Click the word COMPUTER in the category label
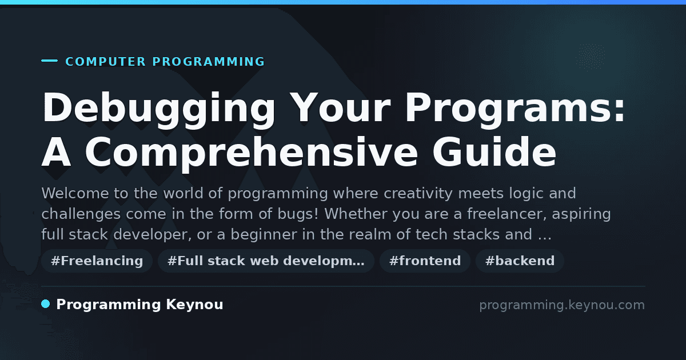pyautogui.click(x=105, y=62)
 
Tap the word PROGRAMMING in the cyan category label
pyautogui.click(x=209, y=62)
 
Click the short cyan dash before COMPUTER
pyautogui.click(x=49, y=61)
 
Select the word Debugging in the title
pyautogui.click(x=159, y=110)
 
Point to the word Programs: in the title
pyautogui.click(x=515, y=110)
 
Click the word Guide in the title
pyautogui.click(x=494, y=151)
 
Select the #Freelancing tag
pyautogui.click(x=97, y=261)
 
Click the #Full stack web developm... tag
pyautogui.click(x=266, y=261)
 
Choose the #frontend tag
pyautogui.click(x=425, y=261)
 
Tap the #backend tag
pyautogui.click(x=520, y=261)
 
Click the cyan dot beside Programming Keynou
pyautogui.click(x=46, y=304)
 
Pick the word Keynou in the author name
pyautogui.click(x=194, y=305)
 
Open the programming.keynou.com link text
pyautogui.click(x=562, y=305)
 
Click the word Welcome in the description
pyautogui.click(x=75, y=194)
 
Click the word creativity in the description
pyautogui.click(x=418, y=194)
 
